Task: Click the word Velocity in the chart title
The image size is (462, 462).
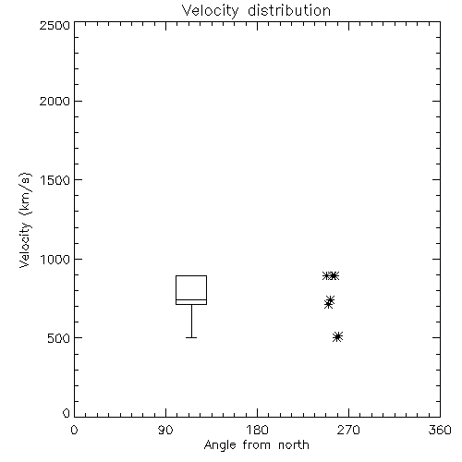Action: [210, 11]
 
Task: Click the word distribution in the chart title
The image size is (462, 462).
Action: [289, 10]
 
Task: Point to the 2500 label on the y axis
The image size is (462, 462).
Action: [55, 25]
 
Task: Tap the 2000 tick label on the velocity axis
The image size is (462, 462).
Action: [55, 101]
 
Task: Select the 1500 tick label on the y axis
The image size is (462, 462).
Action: [55, 180]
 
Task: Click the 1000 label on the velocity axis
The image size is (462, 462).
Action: [55, 260]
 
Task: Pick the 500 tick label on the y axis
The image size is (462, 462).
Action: [59, 338]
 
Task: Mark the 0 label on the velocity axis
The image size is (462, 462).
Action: [67, 413]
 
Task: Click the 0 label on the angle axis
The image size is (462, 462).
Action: [74, 430]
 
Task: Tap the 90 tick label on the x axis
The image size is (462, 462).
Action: [165, 430]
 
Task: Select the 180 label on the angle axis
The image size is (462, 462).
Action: [257, 430]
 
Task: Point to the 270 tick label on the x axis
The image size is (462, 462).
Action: [348, 430]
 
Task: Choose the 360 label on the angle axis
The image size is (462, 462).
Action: [440, 430]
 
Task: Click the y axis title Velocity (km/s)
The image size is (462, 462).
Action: [25, 220]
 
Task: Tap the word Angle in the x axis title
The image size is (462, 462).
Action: [220, 445]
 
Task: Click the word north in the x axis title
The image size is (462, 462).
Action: [294, 444]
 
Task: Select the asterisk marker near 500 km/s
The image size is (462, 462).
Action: [338, 336]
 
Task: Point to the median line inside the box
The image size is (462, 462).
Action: [191, 299]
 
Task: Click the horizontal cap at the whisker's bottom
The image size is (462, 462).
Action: [191, 337]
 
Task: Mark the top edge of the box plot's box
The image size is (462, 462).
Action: [191, 275]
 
